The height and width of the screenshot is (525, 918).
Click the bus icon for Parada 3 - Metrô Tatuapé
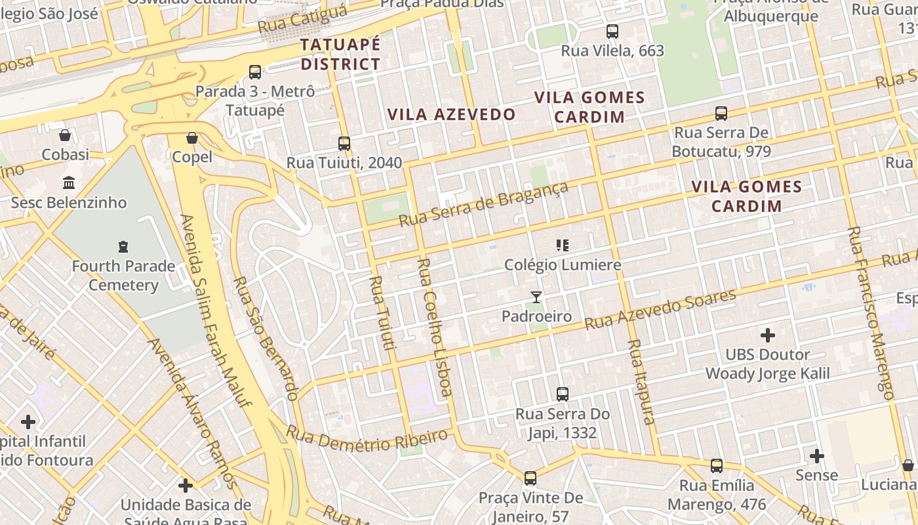(255, 72)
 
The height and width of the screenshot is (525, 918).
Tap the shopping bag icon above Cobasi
(65, 136)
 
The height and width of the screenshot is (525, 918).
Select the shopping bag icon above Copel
(192, 138)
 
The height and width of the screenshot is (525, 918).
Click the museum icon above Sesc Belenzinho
(69, 182)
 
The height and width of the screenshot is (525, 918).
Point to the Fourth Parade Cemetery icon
(123, 247)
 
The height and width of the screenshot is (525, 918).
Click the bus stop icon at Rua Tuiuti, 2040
(344, 144)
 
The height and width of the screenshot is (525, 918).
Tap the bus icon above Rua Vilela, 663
(612, 31)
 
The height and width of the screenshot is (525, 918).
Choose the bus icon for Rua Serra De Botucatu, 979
(721, 114)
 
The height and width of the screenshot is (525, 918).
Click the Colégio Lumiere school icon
(563, 245)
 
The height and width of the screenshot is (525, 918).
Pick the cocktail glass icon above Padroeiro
(536, 297)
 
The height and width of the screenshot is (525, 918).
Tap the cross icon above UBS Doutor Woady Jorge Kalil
(768, 335)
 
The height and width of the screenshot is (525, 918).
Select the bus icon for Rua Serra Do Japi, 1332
(563, 394)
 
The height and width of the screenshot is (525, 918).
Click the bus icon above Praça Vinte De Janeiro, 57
(530, 478)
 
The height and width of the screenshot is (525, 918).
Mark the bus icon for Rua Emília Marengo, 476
(717, 466)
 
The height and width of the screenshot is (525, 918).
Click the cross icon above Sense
(817, 455)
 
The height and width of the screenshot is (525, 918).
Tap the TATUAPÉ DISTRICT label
(340, 54)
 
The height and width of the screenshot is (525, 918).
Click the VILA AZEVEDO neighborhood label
(452, 114)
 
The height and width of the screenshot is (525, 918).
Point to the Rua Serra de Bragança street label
(484, 204)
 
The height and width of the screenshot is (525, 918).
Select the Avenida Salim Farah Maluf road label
(216, 310)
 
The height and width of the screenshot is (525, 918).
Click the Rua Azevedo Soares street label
(660, 309)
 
